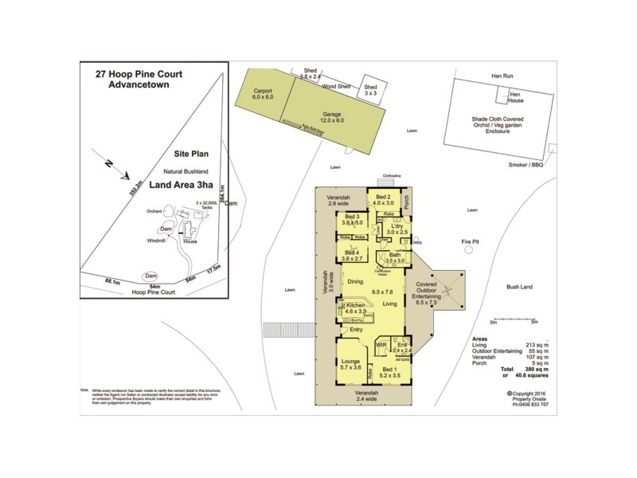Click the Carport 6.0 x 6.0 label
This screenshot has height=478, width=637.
(x=264, y=96)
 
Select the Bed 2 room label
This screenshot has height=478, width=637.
(x=383, y=199)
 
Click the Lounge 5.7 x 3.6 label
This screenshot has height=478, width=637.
(x=351, y=364)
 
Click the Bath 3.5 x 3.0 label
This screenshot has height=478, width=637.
(x=396, y=257)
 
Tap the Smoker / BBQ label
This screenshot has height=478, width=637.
(x=526, y=165)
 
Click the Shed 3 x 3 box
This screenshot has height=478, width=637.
(x=370, y=89)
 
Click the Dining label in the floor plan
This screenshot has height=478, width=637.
(x=355, y=281)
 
